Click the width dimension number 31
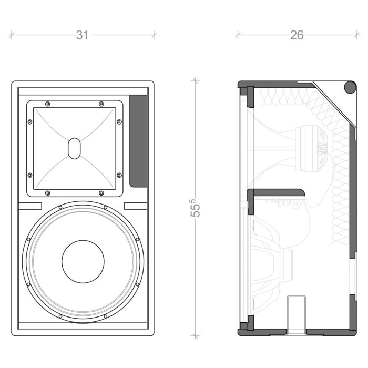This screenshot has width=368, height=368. point(83,35)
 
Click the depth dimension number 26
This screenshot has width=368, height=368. point(297,35)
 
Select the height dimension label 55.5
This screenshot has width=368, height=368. point(195,208)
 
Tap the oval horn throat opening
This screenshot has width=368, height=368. point(75,148)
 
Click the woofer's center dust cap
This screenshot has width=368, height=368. point(83,261)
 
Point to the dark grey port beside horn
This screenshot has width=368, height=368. point(138,141)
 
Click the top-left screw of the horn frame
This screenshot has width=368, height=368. point(48,104)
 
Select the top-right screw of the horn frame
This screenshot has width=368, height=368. point(101,104)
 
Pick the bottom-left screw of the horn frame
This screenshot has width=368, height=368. point(48,193)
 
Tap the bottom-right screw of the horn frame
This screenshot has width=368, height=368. point(101,193)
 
